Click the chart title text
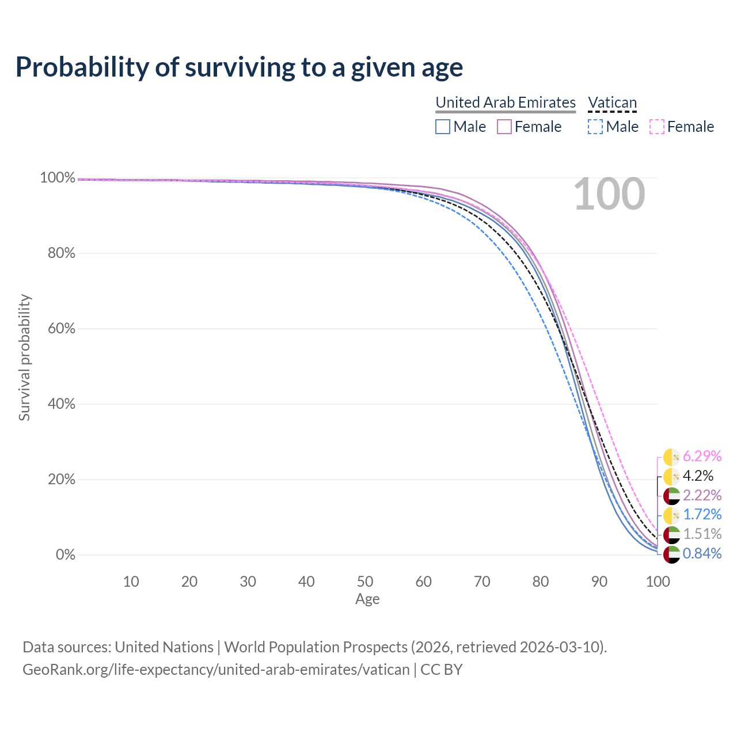click(x=239, y=67)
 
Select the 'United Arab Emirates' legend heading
click(x=506, y=102)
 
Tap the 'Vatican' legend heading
click(x=612, y=103)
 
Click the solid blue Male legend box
click(x=443, y=127)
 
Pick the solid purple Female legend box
click(x=504, y=127)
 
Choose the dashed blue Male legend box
click(x=595, y=127)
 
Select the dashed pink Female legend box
click(x=657, y=127)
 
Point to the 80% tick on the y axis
click(x=62, y=253)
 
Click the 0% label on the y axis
click(x=66, y=555)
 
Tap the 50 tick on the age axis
click(x=365, y=582)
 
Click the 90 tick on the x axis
click(x=599, y=582)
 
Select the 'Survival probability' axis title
click(x=24, y=358)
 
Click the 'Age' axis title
click(x=367, y=599)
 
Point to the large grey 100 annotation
click(x=609, y=195)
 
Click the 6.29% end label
click(x=702, y=457)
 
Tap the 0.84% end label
click(x=702, y=554)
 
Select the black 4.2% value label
click(x=698, y=476)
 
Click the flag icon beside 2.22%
click(x=671, y=496)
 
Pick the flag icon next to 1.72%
click(x=671, y=515)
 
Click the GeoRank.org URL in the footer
click(x=216, y=670)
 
